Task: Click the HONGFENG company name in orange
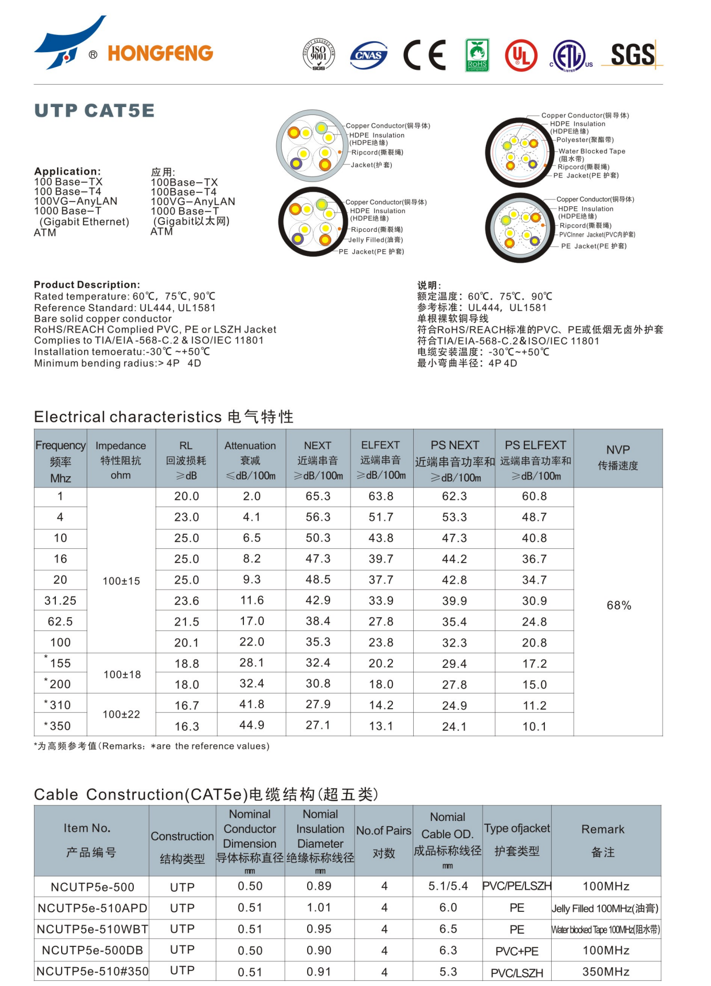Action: [160, 53]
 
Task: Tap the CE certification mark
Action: [425, 55]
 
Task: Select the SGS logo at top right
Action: [633, 55]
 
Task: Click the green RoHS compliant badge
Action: [477, 55]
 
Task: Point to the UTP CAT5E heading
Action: [95, 111]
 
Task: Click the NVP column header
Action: [618, 457]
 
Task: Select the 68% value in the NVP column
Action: [619, 605]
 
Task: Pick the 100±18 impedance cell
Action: [122, 674]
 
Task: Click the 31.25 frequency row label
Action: [61, 601]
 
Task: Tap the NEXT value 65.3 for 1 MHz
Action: [318, 496]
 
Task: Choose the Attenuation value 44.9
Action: [252, 725]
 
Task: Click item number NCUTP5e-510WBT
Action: [92, 929]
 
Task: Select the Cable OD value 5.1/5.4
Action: [448, 886]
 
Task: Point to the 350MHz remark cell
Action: [605, 971]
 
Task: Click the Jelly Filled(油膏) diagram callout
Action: [375, 240]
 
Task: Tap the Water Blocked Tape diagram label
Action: [591, 151]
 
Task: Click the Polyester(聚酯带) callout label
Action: [585, 140]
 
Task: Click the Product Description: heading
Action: [87, 285]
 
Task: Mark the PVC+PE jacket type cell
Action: [517, 951]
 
